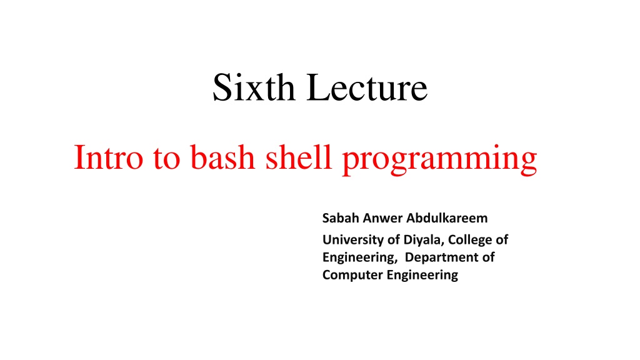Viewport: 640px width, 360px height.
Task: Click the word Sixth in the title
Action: [x=254, y=87]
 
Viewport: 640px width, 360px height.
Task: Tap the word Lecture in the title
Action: [x=367, y=87]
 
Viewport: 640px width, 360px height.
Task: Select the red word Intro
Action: [x=109, y=157]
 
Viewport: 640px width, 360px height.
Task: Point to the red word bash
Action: [x=222, y=157]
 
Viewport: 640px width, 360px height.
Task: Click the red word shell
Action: [x=298, y=157]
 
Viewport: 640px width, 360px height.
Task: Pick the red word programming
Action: [x=439, y=159]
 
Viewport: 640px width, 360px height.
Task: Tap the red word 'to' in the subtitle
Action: [x=166, y=158]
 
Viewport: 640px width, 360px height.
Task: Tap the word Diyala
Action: [x=424, y=239]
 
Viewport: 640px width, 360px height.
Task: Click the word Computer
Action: [x=352, y=275]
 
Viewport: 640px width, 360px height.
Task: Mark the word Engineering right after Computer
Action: [x=422, y=276]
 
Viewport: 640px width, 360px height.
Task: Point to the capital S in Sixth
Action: [x=221, y=87]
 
